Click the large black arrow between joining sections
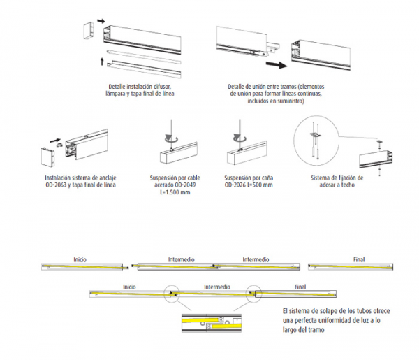[x=277, y=65]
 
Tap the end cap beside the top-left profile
[x=89, y=31]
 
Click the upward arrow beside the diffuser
[x=101, y=62]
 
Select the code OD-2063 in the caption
[x=56, y=185]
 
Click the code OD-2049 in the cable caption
[x=186, y=185]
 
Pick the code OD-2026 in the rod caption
[x=235, y=185]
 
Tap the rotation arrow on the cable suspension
[x=171, y=138]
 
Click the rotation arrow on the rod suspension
[x=240, y=138]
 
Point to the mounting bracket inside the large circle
[x=316, y=135]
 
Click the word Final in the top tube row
[x=359, y=259]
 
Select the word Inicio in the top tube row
[x=80, y=259]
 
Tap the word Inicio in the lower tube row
[x=129, y=287]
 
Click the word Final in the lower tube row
[x=300, y=287]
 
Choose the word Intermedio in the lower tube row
[x=217, y=287]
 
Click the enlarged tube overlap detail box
[x=212, y=322]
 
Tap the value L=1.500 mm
[x=175, y=192]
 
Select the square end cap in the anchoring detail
[x=47, y=157]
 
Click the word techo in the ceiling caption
[x=347, y=185]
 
